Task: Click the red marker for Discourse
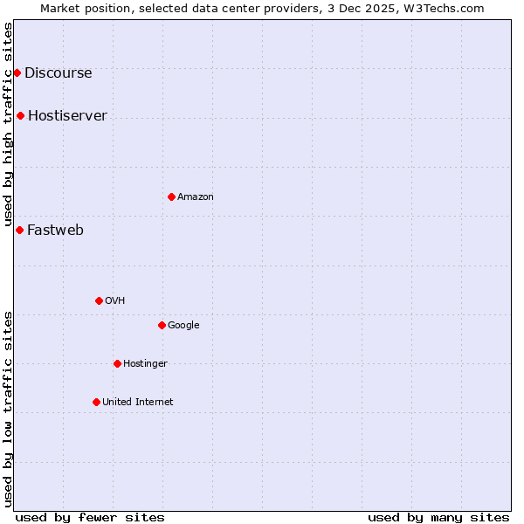[x=17, y=72]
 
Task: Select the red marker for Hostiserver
[x=20, y=115]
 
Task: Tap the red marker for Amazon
[x=171, y=196]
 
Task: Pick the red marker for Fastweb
[x=19, y=230]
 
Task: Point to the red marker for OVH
[x=99, y=300]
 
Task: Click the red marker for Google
[x=162, y=325]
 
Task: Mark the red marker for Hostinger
[x=117, y=363]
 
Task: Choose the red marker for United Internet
[x=96, y=402]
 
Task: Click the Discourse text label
[x=58, y=73]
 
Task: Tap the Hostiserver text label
[x=67, y=116]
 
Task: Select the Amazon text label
[x=196, y=197]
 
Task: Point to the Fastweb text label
[x=55, y=231]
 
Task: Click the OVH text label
[x=115, y=301]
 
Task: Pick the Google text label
[x=183, y=326]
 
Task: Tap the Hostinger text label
[x=145, y=364]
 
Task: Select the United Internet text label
[x=138, y=403]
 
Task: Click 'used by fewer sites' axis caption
[x=90, y=517]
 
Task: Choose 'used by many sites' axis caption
[x=438, y=517]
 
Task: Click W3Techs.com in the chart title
[x=447, y=9]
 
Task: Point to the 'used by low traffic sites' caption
[x=9, y=408]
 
